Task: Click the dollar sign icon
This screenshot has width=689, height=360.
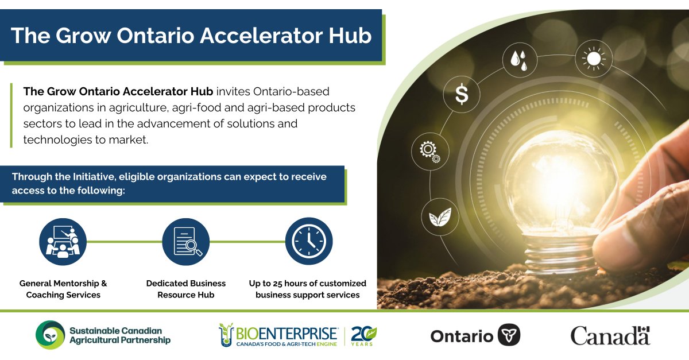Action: click(x=462, y=95)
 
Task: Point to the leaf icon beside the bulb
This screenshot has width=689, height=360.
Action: click(x=440, y=217)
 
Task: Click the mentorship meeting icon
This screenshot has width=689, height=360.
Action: click(x=63, y=241)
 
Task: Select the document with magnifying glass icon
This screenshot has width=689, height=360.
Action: click(x=186, y=241)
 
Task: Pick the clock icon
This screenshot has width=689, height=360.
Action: click(x=309, y=241)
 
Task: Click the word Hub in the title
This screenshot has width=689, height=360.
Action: click(x=344, y=36)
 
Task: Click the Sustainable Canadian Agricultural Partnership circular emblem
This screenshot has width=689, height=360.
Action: click(x=50, y=335)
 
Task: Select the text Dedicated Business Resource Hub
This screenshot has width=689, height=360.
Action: click(x=186, y=289)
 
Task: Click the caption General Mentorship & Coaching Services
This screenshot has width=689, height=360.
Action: click(x=63, y=289)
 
